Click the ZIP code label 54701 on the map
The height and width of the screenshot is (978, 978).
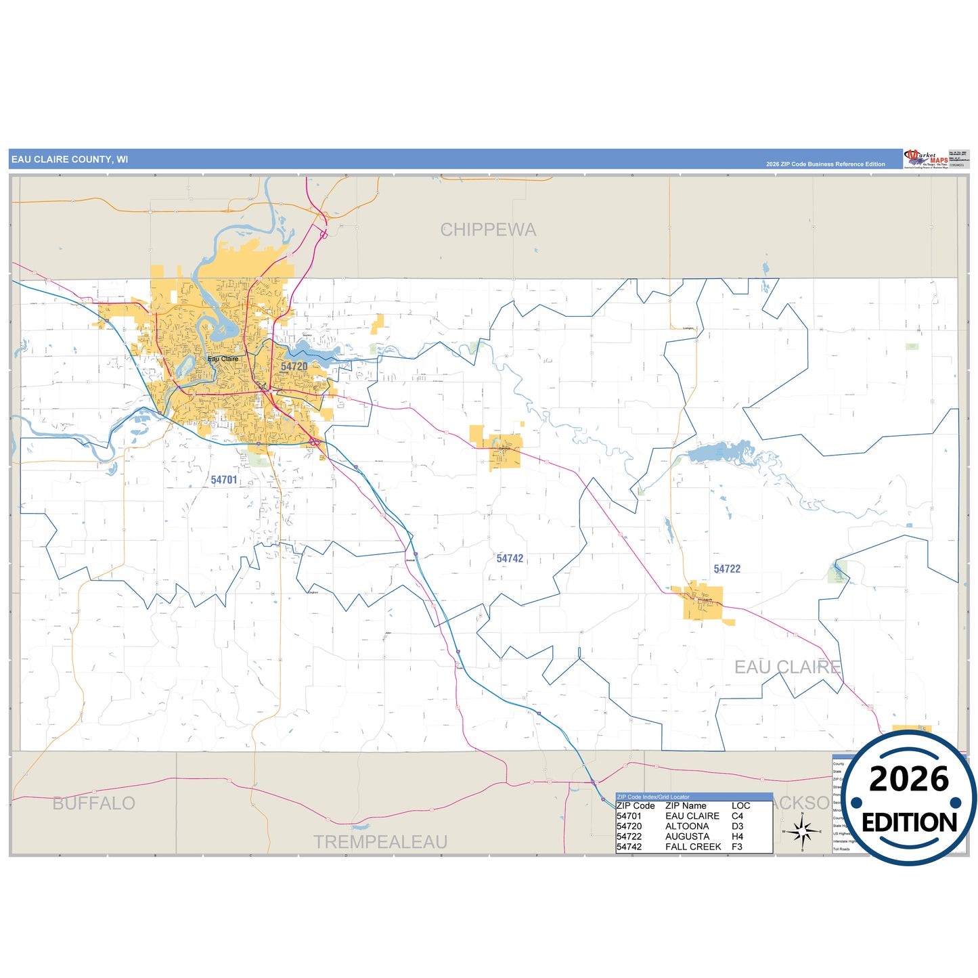pos(224,480)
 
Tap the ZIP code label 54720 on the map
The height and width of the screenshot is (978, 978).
pos(294,366)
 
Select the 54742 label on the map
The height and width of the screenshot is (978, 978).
pos(510,558)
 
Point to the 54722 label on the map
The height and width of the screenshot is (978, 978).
pos(727,569)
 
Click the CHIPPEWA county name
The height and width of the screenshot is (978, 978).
pos(488,230)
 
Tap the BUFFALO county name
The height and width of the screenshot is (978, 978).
pos(94,803)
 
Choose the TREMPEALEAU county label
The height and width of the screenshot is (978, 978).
pos(380,842)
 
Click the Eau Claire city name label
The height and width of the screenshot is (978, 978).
pos(223,359)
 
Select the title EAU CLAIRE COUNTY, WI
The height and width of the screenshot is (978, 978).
pos(70,160)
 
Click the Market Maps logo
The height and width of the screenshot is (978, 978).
pos(925,159)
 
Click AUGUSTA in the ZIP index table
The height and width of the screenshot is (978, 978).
pos(687,837)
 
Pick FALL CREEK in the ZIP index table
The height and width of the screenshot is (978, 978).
pos(693,847)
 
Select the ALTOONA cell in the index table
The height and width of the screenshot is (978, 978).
pos(687,826)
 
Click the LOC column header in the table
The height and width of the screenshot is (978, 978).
pos(740,806)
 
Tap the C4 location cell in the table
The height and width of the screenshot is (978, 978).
pos(737,816)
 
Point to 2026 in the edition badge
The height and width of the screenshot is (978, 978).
pos(909,779)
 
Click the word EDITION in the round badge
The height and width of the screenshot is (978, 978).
pos(909,822)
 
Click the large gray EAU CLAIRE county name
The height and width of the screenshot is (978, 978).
pos(787,667)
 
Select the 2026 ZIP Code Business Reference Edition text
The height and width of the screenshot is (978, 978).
pos(825,164)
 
